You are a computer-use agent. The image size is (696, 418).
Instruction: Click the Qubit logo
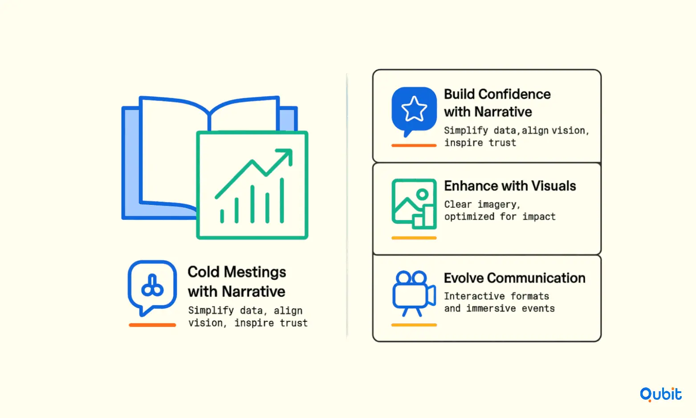point(660,394)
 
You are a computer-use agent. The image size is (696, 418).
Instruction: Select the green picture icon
point(414,204)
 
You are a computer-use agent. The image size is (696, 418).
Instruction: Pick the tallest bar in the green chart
point(282,201)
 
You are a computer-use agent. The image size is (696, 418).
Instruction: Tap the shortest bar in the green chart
point(222,216)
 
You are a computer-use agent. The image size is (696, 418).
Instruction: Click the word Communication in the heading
point(536,278)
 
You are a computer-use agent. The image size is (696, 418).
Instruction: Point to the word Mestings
point(255,272)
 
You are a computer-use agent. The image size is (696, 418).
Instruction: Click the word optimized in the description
point(469,217)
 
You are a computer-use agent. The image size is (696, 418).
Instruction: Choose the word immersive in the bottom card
point(491,308)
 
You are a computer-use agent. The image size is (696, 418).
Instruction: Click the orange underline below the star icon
point(414,145)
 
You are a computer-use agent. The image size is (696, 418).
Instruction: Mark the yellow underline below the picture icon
point(414,238)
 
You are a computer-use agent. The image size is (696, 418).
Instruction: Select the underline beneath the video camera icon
point(414,325)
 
